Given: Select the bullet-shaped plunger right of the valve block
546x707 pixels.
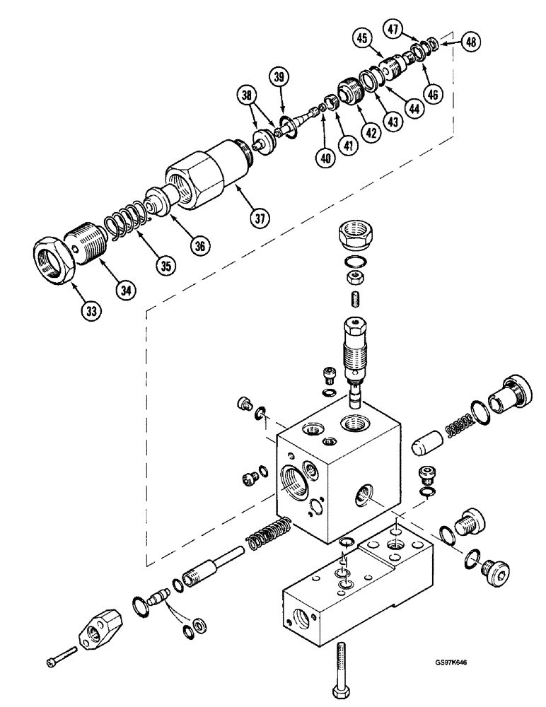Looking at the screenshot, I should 426,448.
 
